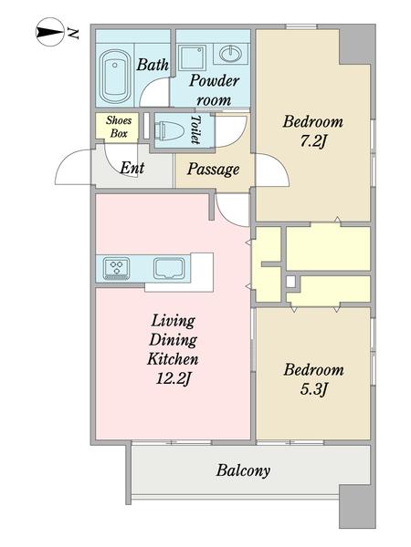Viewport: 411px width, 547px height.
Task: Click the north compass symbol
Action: coord(50,32)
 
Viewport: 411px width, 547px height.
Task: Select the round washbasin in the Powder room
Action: coord(230,54)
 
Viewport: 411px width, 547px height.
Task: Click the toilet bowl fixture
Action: coord(170,130)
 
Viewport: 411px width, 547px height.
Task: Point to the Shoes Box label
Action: coord(119,127)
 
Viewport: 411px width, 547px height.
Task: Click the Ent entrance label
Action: coord(132,168)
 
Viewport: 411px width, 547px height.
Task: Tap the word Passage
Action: coord(213,170)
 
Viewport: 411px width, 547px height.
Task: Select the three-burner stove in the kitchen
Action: coord(116,268)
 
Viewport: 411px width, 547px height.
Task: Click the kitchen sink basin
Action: coord(170,268)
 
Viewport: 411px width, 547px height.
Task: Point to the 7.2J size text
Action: coord(313,141)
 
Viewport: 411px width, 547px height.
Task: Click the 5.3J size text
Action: coord(313,389)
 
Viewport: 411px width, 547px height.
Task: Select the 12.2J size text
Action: coord(173,378)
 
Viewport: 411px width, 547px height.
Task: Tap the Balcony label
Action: coord(243,470)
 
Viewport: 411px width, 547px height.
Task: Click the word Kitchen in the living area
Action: coord(173,359)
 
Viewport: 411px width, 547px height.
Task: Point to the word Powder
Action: coord(214,80)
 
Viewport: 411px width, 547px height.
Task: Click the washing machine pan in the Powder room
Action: coord(193,57)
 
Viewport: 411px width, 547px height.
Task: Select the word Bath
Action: coord(153,65)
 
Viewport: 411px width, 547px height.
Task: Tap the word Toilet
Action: coord(195,129)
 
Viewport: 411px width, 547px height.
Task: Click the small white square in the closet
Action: coord(290,282)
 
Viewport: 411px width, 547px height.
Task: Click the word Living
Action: coord(173,321)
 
